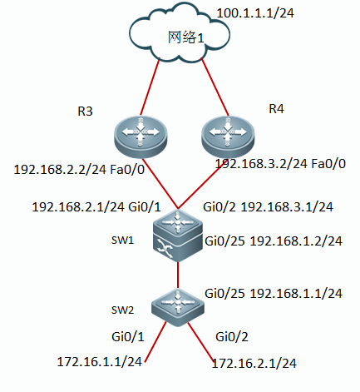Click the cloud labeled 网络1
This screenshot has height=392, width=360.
pos(180,34)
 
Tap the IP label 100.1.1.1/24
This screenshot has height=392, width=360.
pos(255,13)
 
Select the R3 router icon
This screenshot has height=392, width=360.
pos(141,136)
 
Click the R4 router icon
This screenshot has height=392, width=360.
pos(228,136)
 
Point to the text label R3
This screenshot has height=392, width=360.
pos(85,112)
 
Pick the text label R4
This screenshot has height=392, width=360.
pos(276,109)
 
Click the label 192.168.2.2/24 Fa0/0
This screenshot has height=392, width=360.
pos(79,169)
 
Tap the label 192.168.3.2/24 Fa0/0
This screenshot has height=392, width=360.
pos(280,164)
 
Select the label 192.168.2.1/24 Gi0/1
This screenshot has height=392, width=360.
pos(96,207)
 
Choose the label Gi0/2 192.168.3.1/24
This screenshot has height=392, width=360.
pos(268,207)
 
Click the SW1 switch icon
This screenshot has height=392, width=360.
pos(178,236)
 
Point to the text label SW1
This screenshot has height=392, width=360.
pos(122,240)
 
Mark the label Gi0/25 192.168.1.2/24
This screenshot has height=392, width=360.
pos(274,241)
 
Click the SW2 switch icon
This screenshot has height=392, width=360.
pos(178,307)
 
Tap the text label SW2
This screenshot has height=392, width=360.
pos(122,310)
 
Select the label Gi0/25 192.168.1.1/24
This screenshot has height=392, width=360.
pos(274,293)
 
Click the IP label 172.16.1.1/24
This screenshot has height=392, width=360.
pos(99,362)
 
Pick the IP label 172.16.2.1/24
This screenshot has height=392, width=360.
pos(254,363)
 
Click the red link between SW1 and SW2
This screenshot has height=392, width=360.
pos(178,275)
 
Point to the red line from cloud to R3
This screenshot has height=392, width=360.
pos(150,87)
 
